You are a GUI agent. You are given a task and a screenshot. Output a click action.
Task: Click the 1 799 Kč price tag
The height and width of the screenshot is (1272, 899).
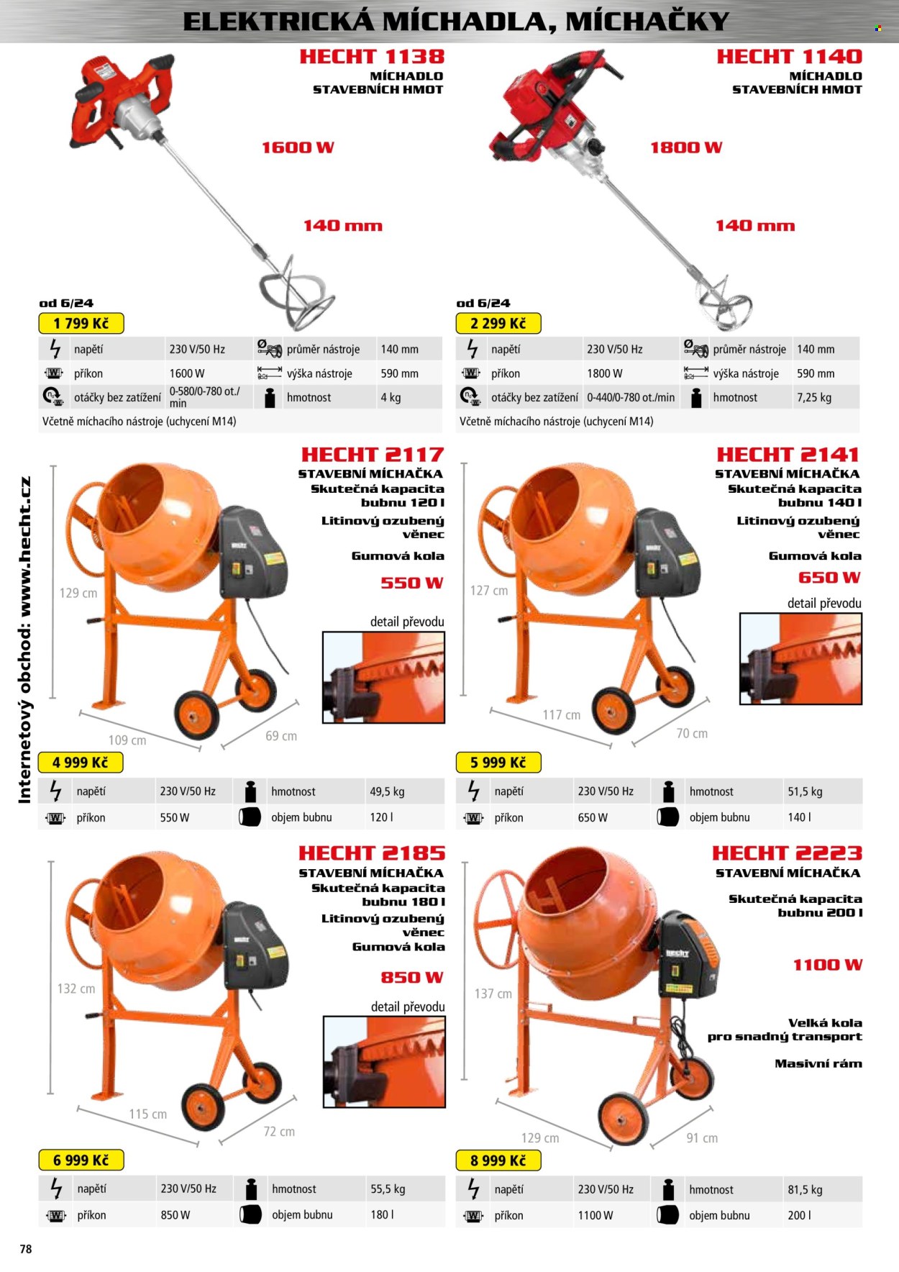81,323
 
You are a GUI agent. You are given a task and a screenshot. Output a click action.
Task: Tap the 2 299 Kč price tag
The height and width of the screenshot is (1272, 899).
498,323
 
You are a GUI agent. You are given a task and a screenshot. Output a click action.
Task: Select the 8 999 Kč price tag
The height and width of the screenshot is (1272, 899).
498,1160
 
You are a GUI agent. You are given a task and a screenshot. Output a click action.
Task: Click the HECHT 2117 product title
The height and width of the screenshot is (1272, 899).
373,455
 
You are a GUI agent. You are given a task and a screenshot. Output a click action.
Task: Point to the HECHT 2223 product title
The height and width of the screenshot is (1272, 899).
787,853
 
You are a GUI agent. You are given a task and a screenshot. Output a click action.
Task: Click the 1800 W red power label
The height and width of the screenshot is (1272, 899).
686,147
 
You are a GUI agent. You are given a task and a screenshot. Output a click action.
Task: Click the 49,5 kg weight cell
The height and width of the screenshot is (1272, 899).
387,791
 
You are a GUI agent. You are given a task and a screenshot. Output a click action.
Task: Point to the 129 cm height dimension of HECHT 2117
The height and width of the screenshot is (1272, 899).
78,593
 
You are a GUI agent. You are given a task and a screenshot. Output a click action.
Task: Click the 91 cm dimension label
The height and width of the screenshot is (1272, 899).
702,1137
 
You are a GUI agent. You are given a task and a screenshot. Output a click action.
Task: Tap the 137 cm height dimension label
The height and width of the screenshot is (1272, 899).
493,994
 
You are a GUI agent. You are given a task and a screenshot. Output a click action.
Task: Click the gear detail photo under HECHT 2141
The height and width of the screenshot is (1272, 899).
800,658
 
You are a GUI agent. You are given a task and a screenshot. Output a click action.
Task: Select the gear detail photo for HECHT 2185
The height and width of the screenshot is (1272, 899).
384,1061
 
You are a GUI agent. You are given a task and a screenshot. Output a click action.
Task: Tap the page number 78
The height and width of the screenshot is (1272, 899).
26,1249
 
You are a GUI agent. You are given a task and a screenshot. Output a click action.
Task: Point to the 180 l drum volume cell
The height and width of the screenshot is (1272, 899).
382,1214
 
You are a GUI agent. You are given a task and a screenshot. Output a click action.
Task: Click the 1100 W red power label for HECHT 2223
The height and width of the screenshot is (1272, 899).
828,965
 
